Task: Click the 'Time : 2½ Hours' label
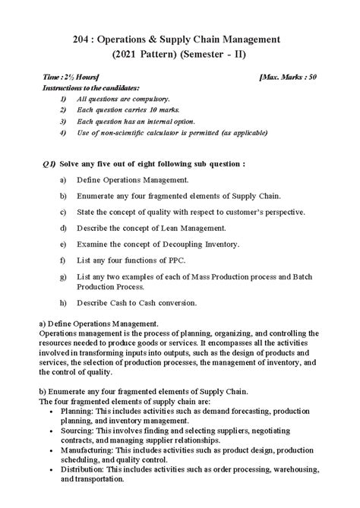point(68,78)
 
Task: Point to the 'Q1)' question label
point(49,163)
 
